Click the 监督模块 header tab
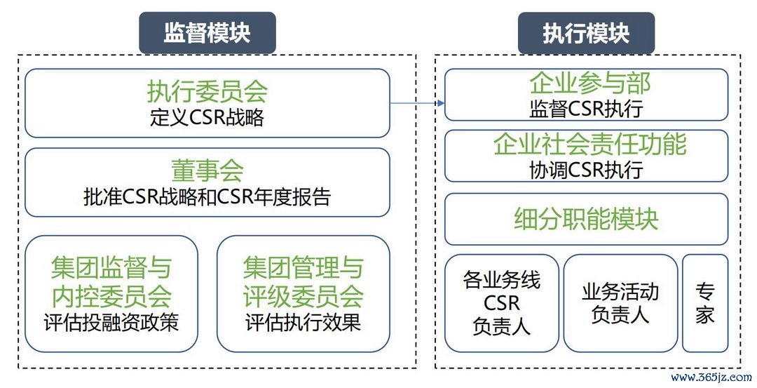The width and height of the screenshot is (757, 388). coord(207,32)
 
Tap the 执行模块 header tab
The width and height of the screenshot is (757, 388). coord(586,32)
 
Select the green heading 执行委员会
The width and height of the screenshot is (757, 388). coord(207,91)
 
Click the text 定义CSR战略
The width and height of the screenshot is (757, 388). coord(207,116)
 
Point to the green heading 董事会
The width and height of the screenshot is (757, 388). coord(207,170)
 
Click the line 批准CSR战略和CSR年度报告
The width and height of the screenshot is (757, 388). coord(207,197)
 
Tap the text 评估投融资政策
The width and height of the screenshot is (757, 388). coord(111,322)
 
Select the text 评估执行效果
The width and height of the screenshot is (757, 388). coord(303,322)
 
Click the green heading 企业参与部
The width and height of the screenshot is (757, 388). coord(586,84)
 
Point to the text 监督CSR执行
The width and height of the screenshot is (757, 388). coord(586,109)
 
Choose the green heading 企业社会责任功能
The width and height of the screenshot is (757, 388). coord(586,145)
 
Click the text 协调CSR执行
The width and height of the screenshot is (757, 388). coord(586,169)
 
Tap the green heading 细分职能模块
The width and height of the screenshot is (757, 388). coord(586,219)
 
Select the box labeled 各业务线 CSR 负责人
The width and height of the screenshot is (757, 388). coord(502,303)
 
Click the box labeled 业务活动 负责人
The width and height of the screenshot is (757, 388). coord(620,303)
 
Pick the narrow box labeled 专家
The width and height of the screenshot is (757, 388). coord(704,303)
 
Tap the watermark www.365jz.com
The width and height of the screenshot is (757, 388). coord(709,377)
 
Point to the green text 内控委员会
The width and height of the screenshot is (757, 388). coord(111,297)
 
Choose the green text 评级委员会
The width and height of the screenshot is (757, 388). coord(303,297)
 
